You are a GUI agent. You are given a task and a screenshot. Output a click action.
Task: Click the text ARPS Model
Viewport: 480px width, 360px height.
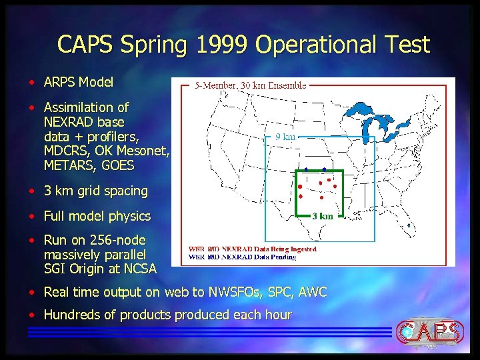pos(78,83)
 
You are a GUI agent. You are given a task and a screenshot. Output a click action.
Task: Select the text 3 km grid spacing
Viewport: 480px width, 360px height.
pos(95,191)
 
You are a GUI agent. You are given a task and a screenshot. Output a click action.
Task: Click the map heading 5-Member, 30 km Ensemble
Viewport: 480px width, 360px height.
pos(251,85)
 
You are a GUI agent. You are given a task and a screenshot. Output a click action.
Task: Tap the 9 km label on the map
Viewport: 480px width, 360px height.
pos(285,137)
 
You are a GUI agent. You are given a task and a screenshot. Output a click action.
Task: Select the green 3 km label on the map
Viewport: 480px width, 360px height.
pos(323,216)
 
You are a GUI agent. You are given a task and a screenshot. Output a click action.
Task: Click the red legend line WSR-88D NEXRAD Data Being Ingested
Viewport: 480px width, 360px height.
pos(253,249)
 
